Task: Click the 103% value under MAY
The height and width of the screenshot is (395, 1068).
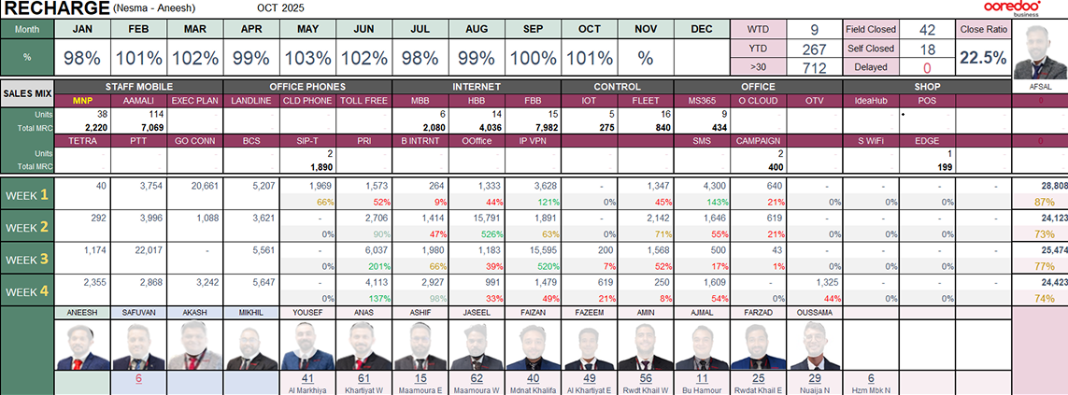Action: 308,58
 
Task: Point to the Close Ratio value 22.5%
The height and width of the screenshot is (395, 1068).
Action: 983,58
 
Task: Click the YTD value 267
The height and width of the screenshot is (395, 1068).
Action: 815,49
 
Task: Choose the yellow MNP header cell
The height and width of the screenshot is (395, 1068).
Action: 83,100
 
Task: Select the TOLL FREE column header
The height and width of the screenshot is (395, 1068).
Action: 364,100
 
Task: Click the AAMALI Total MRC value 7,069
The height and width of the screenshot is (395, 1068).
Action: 138,126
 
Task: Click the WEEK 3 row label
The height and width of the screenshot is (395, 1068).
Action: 27,253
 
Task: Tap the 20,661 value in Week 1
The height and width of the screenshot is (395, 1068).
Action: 198,186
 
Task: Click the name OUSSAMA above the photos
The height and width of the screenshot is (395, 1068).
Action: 815,309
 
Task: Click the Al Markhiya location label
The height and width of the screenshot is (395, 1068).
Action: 308,390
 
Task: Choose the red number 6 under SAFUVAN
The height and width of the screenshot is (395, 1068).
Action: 138,378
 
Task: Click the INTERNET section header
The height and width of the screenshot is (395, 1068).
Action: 476,86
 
